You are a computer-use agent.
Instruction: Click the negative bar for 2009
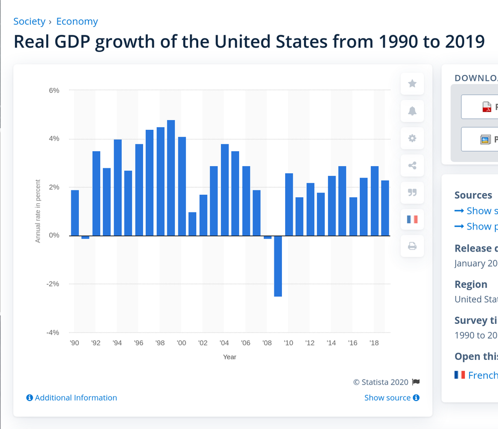278,266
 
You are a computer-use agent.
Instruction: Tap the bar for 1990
75,213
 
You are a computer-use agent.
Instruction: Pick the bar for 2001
192,224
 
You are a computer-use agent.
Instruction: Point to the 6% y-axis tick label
54,91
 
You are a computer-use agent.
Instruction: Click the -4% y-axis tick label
53,332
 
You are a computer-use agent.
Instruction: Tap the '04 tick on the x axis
224,343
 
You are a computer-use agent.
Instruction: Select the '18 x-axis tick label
374,343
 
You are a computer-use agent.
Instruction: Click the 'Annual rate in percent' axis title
38,211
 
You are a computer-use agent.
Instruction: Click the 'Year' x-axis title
229,357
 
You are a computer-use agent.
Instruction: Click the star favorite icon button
412,84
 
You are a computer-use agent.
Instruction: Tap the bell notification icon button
412,111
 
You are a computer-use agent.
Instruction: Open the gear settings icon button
412,138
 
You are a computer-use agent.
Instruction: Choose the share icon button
412,165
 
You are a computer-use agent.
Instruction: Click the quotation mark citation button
412,193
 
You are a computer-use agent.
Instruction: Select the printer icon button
412,247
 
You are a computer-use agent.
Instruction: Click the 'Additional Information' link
72,398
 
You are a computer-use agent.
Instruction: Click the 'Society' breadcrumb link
29,21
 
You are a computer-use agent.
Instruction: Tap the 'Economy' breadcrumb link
77,21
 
